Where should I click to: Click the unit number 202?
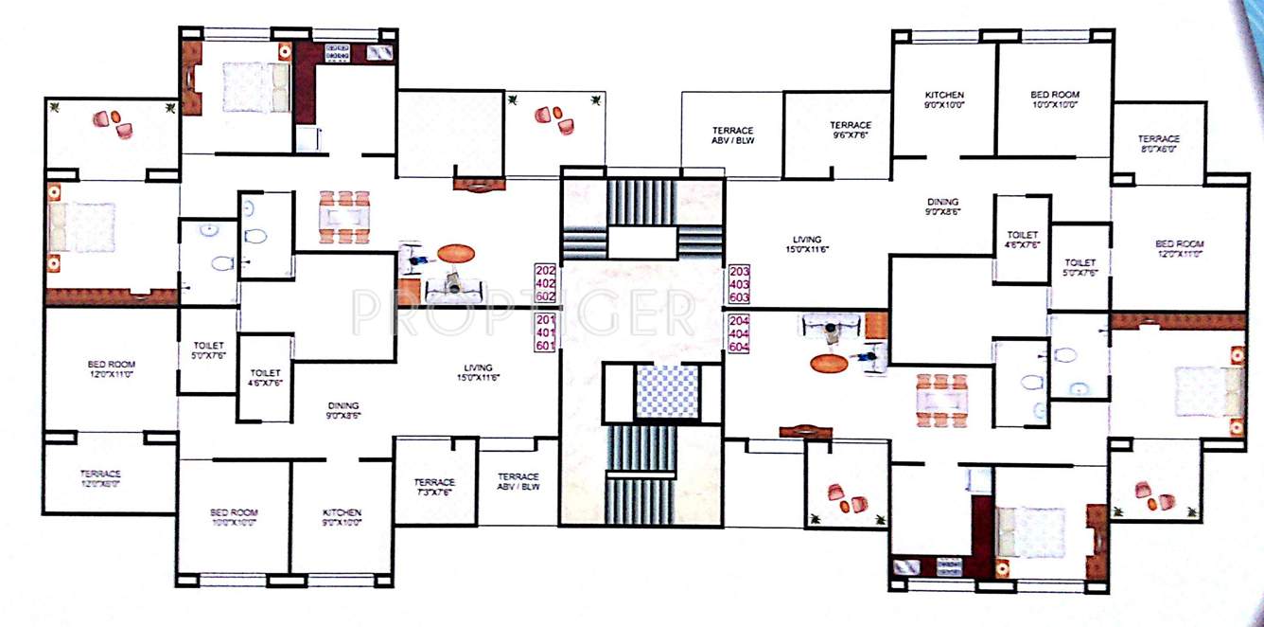coord(546,269)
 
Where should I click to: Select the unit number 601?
coord(546,347)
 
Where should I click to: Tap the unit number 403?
coord(739,282)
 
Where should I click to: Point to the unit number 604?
coord(739,347)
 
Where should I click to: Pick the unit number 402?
coord(546,282)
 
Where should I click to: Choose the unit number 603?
coord(739,296)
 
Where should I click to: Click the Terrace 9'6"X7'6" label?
coord(850,130)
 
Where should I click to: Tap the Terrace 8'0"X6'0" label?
coord(1158,144)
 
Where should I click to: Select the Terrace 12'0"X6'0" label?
coord(99,478)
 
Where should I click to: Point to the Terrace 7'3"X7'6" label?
coord(434,487)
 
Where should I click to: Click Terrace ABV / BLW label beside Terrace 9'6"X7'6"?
coord(731,134)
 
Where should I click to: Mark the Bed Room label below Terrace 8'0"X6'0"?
coord(1178,249)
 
